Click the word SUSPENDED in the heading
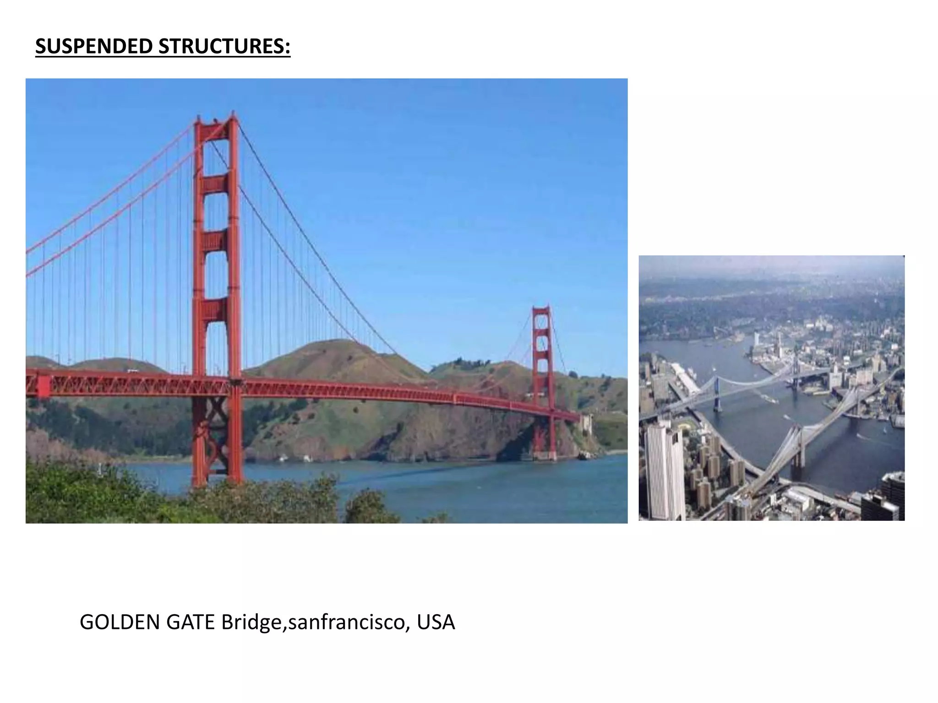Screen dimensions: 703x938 pos(94,47)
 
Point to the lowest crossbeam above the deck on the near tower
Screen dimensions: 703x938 pos(216,311)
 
